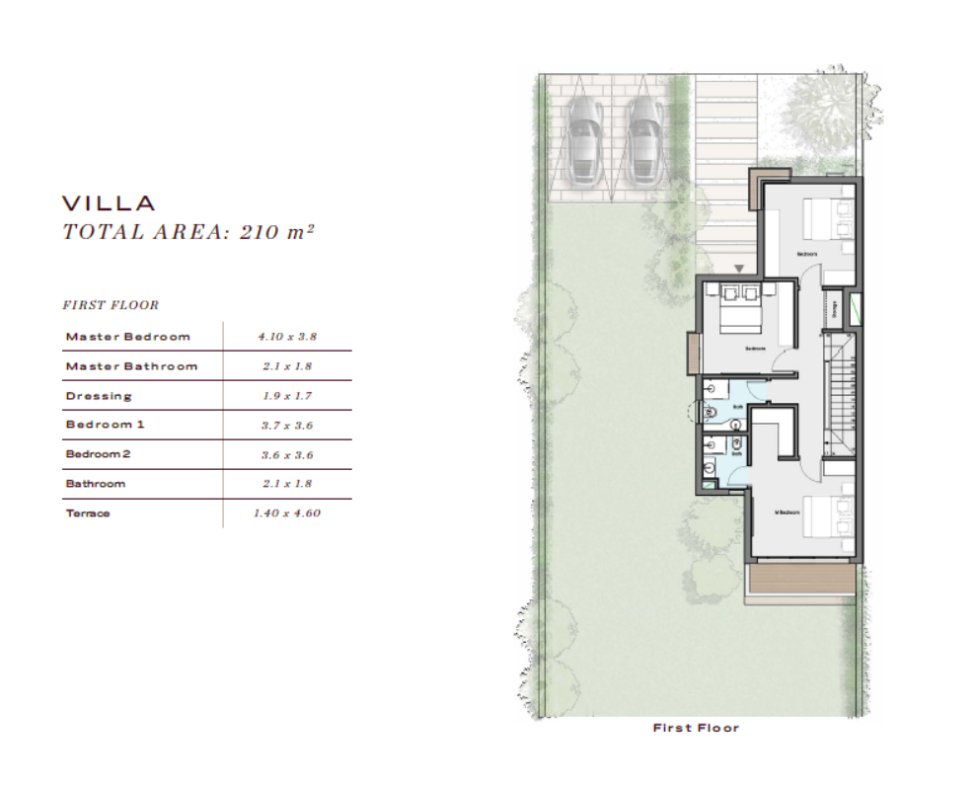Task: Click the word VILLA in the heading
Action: (109, 203)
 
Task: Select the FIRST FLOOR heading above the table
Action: (111, 305)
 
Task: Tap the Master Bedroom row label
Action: (127, 337)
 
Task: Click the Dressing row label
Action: (99, 396)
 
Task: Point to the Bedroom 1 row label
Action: (108, 425)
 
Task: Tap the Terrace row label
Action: (88, 513)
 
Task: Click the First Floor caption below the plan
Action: (696, 728)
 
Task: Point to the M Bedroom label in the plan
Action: (786, 512)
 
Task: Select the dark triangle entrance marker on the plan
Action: (739, 268)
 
